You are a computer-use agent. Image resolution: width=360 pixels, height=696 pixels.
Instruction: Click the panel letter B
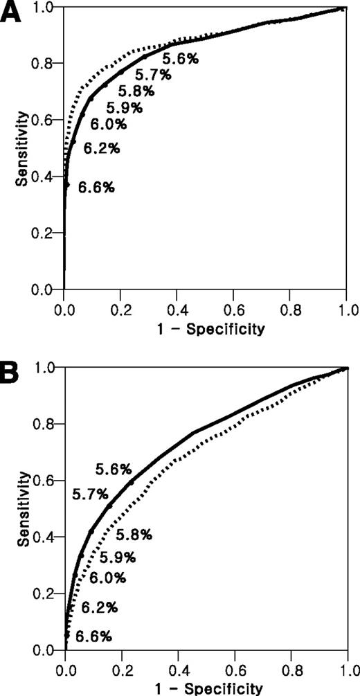(x=12, y=372)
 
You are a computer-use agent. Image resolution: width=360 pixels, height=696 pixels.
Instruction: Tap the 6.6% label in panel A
(x=96, y=187)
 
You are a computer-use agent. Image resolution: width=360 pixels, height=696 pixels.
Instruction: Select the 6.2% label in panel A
(x=102, y=148)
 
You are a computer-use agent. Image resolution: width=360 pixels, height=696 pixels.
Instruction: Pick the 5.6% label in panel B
(x=114, y=469)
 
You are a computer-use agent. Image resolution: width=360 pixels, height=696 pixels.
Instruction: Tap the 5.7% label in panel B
(x=90, y=494)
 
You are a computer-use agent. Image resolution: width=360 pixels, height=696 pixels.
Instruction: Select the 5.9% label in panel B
(x=117, y=557)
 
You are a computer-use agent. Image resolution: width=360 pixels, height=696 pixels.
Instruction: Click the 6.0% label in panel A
(x=108, y=125)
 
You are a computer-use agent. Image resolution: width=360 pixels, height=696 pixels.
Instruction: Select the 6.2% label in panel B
(x=100, y=608)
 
